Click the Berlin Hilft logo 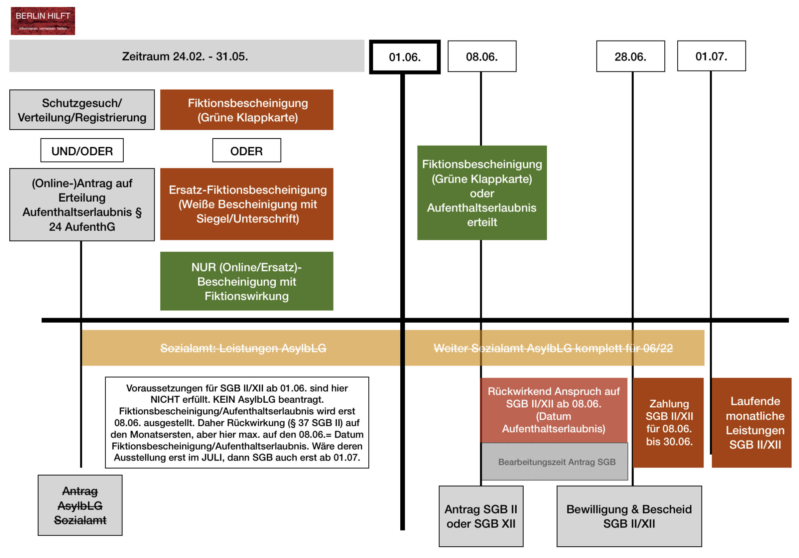tap(43, 21)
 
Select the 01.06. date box tap(405, 57)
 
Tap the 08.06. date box tap(482, 57)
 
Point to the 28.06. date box tap(630, 57)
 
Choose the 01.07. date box tap(711, 56)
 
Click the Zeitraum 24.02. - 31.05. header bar tap(186, 56)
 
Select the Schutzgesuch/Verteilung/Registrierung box tap(82, 110)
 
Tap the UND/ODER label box tap(82, 151)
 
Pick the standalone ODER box tap(247, 151)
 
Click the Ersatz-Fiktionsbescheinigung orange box tap(247, 204)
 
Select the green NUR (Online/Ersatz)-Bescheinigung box tap(247, 281)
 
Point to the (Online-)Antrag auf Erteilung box tap(82, 205)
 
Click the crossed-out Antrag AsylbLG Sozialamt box tap(80, 505)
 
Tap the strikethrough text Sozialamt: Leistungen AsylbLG tap(243, 348)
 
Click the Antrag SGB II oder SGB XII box tap(481, 516)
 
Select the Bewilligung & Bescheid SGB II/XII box tap(629, 516)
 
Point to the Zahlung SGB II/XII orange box tap(669, 423)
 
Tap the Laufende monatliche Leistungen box tap(755, 423)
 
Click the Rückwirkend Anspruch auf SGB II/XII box tap(554, 410)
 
